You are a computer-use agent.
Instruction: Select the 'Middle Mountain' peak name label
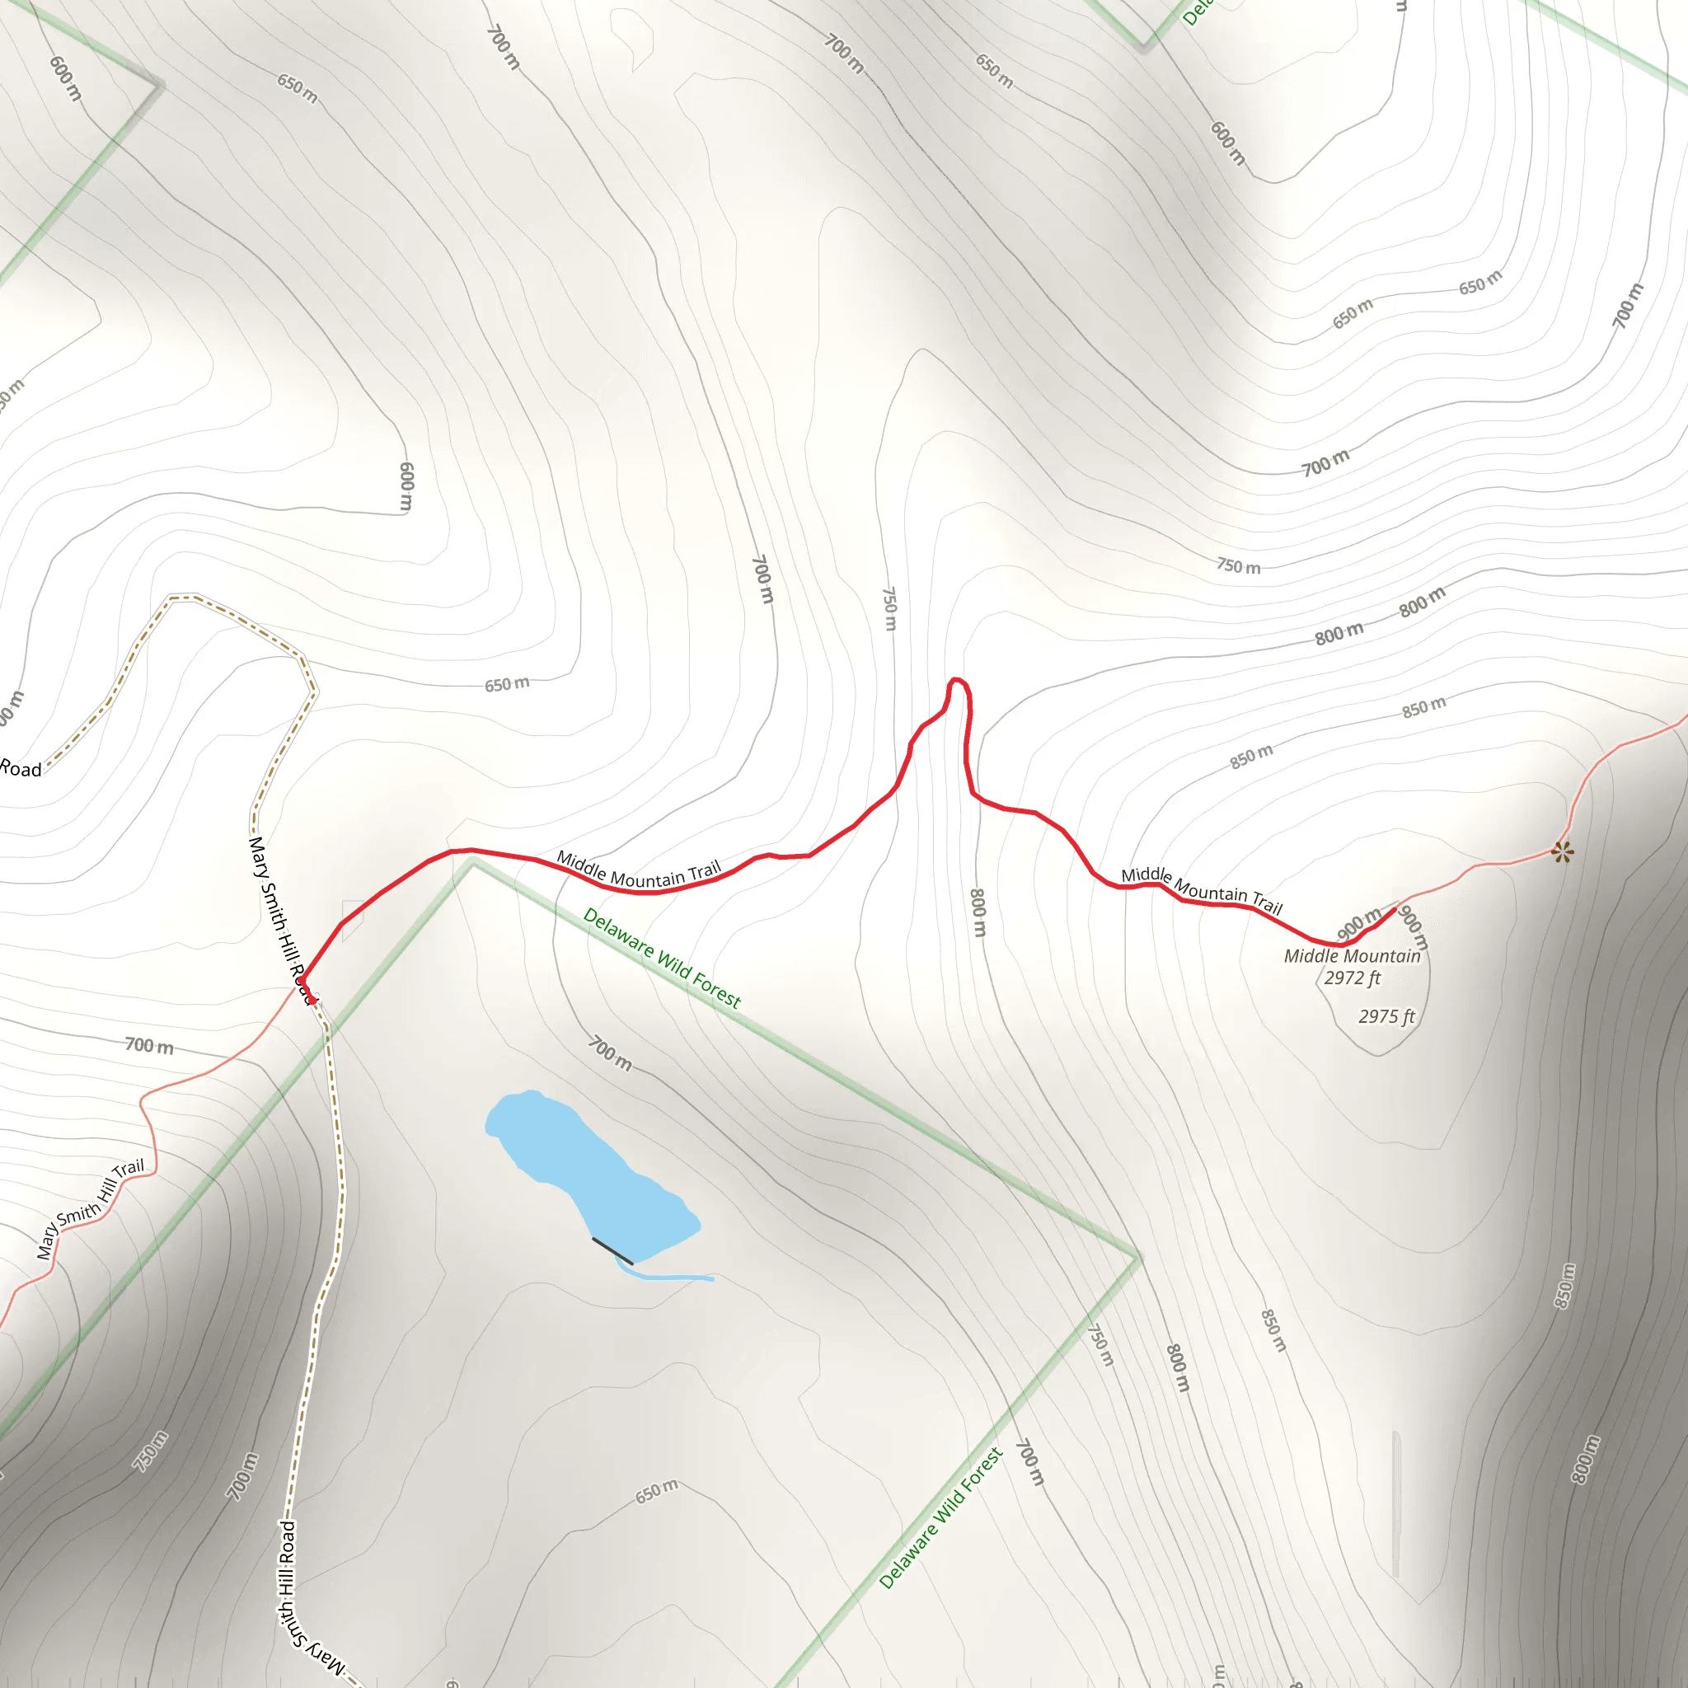click(x=1352, y=956)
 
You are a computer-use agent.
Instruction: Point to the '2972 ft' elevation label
click(x=1352, y=978)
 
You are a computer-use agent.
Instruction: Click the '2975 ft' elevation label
click(x=1386, y=1016)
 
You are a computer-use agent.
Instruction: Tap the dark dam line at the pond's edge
click(x=612, y=1250)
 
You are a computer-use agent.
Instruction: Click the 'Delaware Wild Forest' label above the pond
click(x=661, y=958)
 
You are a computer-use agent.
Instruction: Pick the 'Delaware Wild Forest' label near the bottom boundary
click(x=940, y=1517)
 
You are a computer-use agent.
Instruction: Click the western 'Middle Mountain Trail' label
click(x=639, y=870)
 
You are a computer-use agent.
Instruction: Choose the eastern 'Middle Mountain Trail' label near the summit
click(x=1202, y=890)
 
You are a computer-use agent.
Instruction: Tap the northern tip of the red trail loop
click(x=957, y=679)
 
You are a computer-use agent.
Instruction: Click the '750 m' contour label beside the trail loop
click(x=889, y=608)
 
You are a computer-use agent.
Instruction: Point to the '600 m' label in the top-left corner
click(x=66, y=78)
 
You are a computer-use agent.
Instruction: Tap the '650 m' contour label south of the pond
click(x=656, y=1491)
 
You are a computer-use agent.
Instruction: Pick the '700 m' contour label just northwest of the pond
click(x=610, y=1053)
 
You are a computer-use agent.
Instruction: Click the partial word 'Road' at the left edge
click(x=21, y=769)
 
